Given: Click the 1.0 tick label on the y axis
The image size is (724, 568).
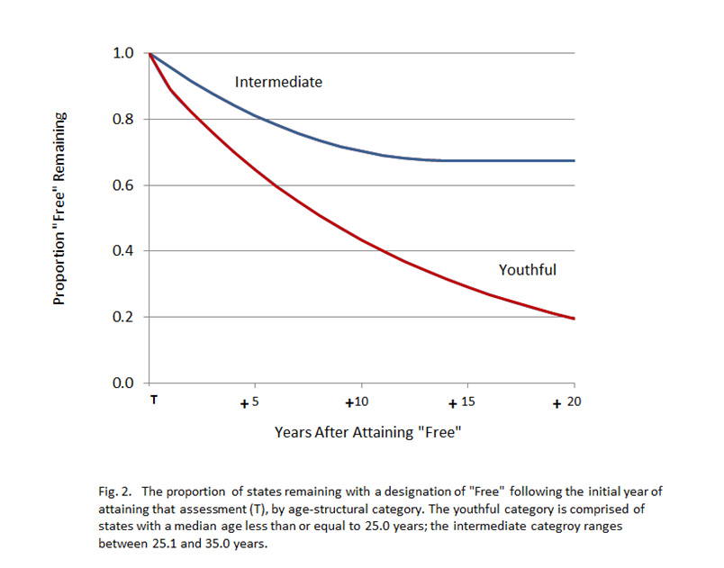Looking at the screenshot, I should pyautogui.click(x=123, y=54).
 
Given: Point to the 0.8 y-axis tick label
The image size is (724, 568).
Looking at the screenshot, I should pyautogui.click(x=123, y=120).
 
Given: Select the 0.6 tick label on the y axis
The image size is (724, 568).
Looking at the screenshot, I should pyautogui.click(x=123, y=185).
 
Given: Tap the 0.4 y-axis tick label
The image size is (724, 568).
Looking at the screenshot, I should pyautogui.click(x=123, y=251).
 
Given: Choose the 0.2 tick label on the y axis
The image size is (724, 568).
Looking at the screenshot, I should pyautogui.click(x=123, y=317).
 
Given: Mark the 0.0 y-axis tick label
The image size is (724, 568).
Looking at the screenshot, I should pyautogui.click(x=123, y=383).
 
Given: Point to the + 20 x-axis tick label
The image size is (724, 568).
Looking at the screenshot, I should pyautogui.click(x=566, y=401).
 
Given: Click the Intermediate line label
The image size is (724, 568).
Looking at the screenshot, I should pyautogui.click(x=278, y=82).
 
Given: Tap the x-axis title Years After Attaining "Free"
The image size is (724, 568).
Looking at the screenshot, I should pyautogui.click(x=368, y=433).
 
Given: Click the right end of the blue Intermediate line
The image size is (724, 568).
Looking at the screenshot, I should pyautogui.click(x=574, y=160).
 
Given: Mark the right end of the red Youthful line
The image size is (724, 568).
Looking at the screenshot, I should pyautogui.click(x=574, y=319).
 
